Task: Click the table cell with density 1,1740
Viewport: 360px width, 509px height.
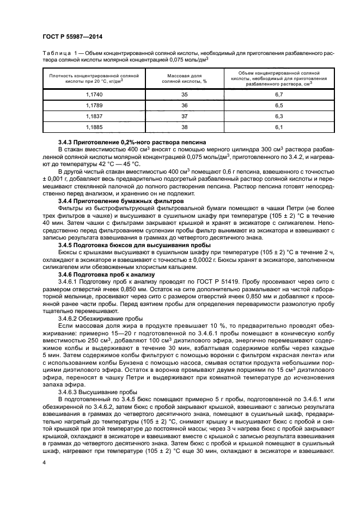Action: (x=94, y=94)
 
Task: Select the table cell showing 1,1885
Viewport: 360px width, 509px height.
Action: (x=94, y=127)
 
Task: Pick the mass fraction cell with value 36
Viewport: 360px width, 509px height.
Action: (x=184, y=105)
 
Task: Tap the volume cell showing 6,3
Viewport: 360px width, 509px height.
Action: (x=278, y=116)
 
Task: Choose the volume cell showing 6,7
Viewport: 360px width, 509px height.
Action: (x=278, y=94)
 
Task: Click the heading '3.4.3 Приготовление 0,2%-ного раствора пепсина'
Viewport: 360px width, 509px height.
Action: (x=132, y=142)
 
